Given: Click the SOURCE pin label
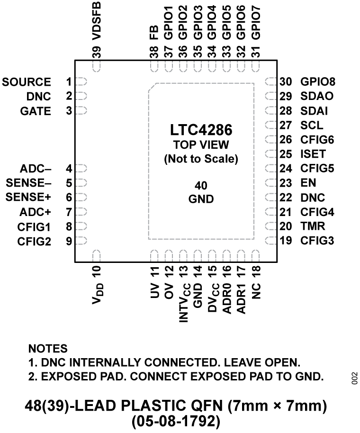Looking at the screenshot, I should click(27, 82).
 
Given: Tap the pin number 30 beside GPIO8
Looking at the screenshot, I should click(286, 82).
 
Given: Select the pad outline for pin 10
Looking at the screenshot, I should click(97, 256).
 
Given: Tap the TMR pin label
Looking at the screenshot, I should click(311, 226).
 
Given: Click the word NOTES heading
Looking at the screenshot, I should click(48, 349).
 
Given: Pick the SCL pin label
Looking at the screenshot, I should click(312, 126).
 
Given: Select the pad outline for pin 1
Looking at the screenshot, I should click(81, 82).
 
